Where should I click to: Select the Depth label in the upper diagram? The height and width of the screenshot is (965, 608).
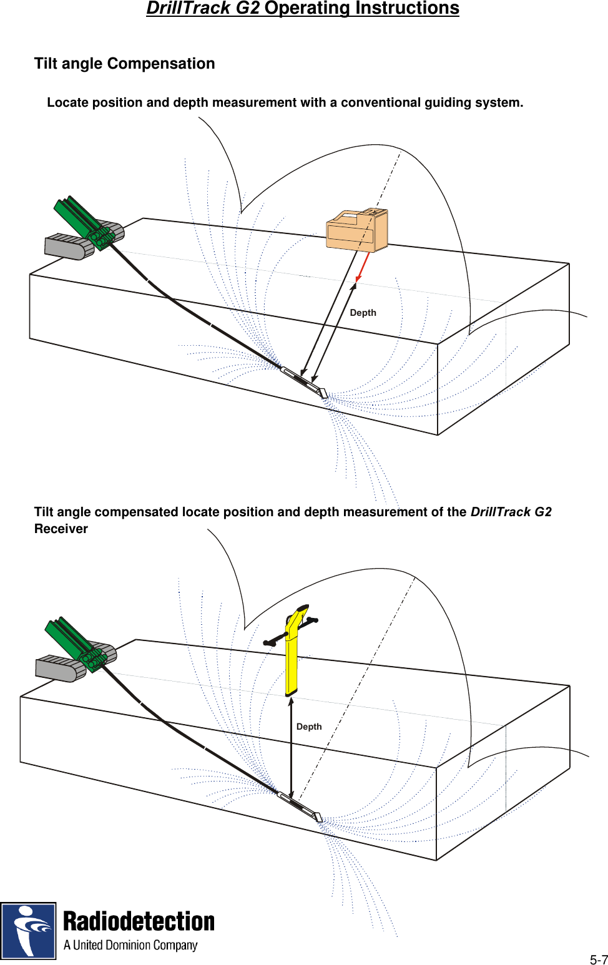(363, 313)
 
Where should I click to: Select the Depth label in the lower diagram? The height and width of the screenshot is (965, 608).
(309, 727)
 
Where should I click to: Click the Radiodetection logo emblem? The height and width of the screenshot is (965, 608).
(28, 931)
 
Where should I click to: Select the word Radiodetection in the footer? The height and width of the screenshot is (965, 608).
(139, 922)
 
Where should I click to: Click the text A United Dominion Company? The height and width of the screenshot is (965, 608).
(130, 945)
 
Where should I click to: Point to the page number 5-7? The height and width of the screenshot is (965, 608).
(598, 960)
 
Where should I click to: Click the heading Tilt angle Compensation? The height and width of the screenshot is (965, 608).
(124, 64)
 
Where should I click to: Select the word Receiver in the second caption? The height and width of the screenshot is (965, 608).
(61, 529)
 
